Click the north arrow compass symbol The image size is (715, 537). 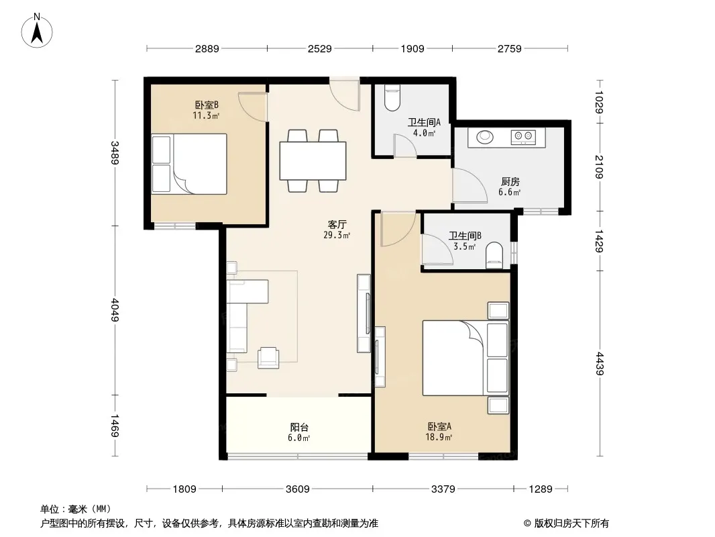point(37,31)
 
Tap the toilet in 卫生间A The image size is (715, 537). point(392,98)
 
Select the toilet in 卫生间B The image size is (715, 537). point(494,256)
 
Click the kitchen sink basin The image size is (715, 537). point(485,136)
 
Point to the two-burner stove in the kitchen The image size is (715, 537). point(523,136)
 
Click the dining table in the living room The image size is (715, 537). point(313,160)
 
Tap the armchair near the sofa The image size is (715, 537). point(268,358)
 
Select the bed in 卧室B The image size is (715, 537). point(189,164)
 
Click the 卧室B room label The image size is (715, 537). point(207,105)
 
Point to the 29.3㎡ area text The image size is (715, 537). point(337,236)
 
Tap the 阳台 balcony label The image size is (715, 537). point(299,427)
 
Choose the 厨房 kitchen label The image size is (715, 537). point(510,182)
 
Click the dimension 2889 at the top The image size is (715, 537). point(207,48)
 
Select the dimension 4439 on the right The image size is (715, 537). point(599,364)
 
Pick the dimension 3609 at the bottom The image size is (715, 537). point(297,489)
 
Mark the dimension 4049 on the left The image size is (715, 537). point(115,310)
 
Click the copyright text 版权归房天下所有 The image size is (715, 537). point(571,524)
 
